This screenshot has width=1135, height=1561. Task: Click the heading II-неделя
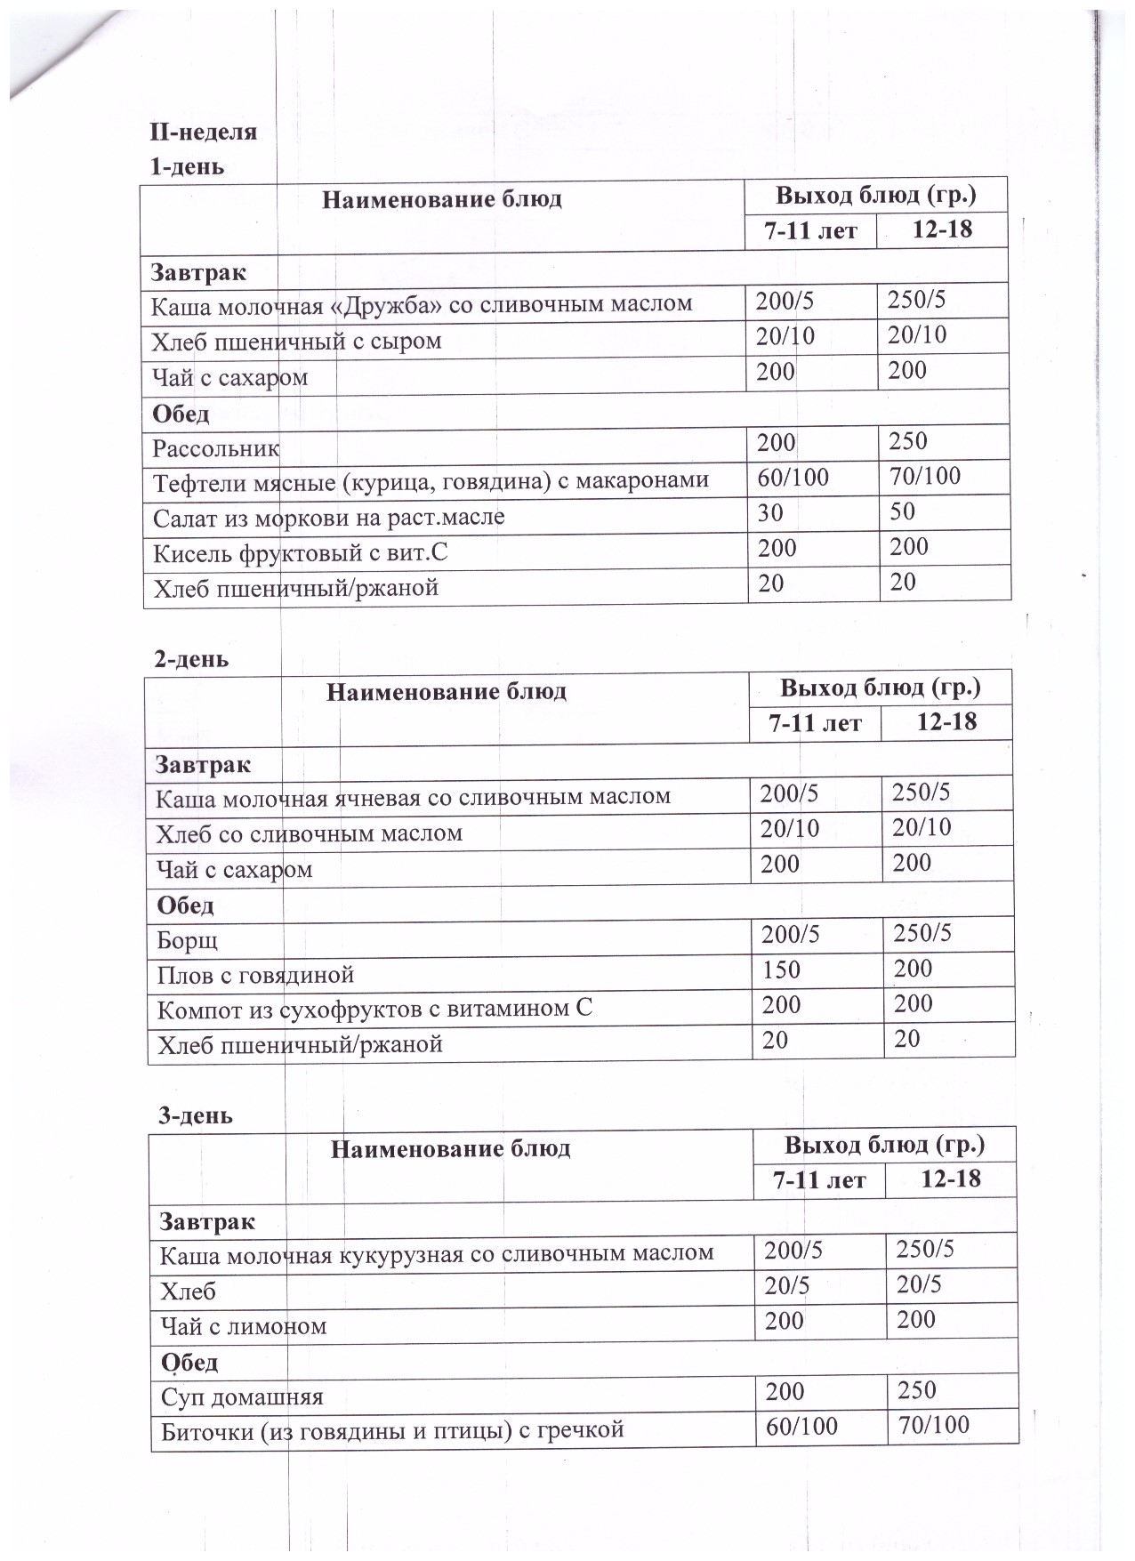click(x=204, y=133)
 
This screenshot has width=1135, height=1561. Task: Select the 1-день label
click(x=188, y=166)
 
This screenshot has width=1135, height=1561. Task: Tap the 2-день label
click(x=191, y=659)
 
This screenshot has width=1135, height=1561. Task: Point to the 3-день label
click(x=196, y=1114)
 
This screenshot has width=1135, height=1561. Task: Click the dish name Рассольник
click(x=216, y=447)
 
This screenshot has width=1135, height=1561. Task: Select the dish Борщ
click(x=188, y=940)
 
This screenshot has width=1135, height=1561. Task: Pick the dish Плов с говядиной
click(x=255, y=975)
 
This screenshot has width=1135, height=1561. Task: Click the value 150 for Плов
click(x=781, y=970)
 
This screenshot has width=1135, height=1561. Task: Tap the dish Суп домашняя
click(x=242, y=1396)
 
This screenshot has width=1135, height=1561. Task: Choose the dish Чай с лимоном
click(x=244, y=1326)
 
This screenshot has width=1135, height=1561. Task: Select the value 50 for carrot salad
click(x=902, y=511)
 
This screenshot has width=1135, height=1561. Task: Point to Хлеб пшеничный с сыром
click(x=296, y=342)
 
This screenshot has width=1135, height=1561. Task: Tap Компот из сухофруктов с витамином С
click(x=374, y=1009)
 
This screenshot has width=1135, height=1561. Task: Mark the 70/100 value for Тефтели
click(x=925, y=477)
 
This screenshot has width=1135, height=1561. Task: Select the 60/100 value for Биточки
click(x=801, y=1427)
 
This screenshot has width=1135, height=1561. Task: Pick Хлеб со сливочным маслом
click(x=309, y=833)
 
